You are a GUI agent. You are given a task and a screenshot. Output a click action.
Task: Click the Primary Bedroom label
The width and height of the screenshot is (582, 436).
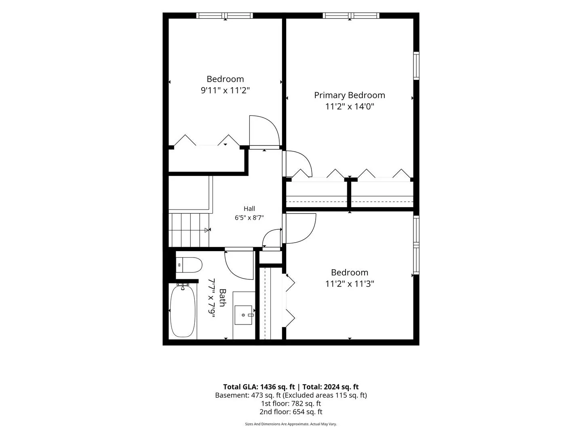click(x=350, y=95)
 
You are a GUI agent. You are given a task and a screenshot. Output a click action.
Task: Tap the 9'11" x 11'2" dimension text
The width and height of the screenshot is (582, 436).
click(x=225, y=91)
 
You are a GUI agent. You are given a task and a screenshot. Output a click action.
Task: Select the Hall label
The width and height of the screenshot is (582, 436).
click(x=249, y=209)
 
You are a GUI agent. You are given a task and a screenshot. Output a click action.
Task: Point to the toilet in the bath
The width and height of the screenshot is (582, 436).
click(x=189, y=265)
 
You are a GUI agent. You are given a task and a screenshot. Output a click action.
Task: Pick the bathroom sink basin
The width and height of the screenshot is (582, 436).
click(x=243, y=315)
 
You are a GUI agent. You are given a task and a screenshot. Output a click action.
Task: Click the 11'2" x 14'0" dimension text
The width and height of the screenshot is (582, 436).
click(x=350, y=107)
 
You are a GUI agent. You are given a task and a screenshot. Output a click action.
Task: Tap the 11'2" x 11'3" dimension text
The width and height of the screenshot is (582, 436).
click(x=350, y=284)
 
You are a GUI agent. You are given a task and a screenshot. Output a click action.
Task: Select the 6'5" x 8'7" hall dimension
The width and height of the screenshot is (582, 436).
click(x=249, y=218)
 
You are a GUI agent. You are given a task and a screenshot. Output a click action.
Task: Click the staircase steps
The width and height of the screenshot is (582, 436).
click(x=189, y=230)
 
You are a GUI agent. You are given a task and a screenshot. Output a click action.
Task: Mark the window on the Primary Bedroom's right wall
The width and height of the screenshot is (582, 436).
click(x=416, y=66)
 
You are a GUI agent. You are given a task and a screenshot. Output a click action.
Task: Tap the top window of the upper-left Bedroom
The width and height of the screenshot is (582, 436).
click(x=225, y=16)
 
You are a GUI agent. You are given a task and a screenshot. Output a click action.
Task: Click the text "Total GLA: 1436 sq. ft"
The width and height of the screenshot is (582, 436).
click(x=259, y=387)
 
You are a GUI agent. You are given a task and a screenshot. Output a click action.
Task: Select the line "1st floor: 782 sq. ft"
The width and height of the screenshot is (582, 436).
click(x=291, y=403)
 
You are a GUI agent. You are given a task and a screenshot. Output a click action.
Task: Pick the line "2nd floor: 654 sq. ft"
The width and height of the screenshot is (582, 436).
click(x=291, y=412)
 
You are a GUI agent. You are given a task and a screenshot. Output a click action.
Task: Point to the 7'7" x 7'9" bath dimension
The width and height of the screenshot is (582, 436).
click(x=211, y=298)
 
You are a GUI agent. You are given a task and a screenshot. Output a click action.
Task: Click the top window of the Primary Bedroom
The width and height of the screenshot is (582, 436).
click(x=351, y=16)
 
